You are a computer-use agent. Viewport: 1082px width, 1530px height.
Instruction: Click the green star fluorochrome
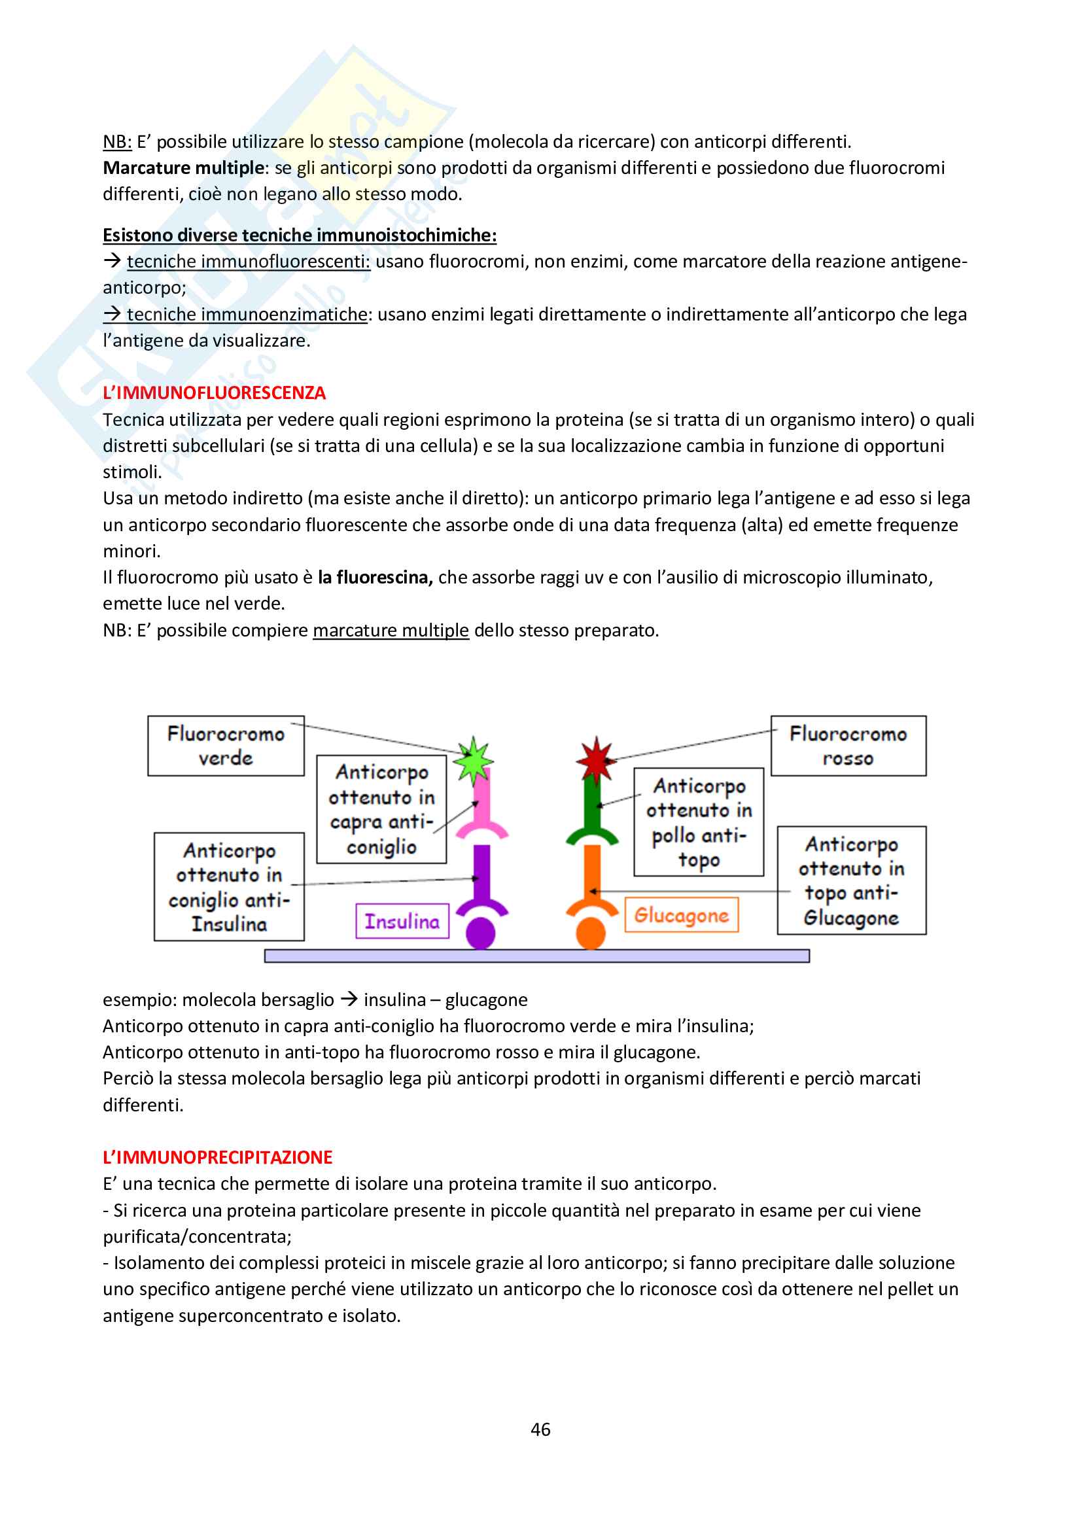coord(473,760)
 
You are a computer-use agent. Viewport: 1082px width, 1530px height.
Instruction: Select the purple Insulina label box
coord(402,921)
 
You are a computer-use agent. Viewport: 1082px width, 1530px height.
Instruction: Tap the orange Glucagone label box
coord(681,915)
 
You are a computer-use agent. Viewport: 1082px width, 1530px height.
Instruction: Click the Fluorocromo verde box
coord(226,746)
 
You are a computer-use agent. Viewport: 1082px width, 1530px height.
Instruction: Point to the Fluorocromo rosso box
coord(848,746)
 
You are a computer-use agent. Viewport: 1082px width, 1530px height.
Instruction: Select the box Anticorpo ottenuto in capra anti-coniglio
coord(381,809)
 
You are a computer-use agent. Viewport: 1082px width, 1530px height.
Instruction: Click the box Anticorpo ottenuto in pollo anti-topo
coord(698,822)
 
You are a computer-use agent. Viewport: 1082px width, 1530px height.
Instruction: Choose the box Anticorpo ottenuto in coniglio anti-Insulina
coord(229,886)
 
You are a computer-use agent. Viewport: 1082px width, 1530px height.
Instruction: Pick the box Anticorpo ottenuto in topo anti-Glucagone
coord(852,880)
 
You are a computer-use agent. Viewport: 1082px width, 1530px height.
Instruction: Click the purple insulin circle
coord(480,932)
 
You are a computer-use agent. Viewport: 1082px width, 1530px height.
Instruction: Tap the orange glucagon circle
coord(590,932)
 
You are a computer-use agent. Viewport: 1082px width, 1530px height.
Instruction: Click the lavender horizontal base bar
coord(537,956)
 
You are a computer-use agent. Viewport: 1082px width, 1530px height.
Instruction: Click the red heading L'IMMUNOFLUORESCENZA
coord(214,393)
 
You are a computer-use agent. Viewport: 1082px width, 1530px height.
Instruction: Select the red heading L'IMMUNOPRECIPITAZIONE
coord(217,1158)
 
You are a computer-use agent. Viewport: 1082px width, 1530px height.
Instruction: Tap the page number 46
coord(540,1429)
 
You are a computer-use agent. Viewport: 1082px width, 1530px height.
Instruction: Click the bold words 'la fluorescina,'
coord(375,578)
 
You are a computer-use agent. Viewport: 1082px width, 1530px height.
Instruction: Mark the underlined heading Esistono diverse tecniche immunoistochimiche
coord(299,235)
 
